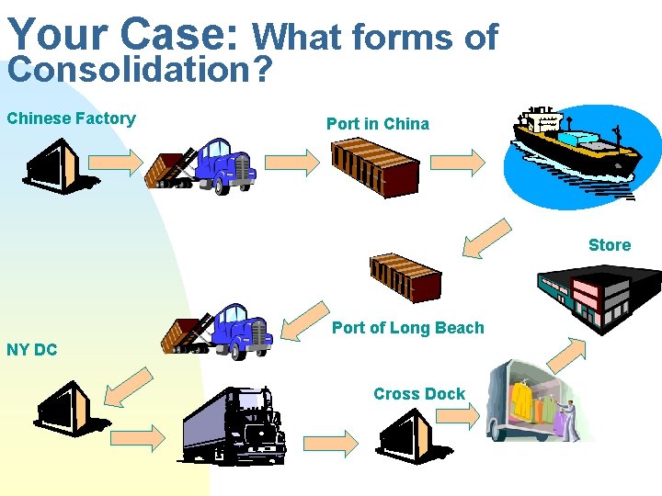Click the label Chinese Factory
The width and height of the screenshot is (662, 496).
pyautogui.click(x=71, y=118)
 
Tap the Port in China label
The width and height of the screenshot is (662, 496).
pyautogui.click(x=377, y=123)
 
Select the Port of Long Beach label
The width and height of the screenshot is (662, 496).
pyautogui.click(x=407, y=328)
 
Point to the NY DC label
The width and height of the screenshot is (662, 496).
pyautogui.click(x=31, y=349)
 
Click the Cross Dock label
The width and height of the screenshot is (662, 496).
pyautogui.click(x=419, y=394)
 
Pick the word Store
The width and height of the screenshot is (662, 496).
pyautogui.click(x=610, y=245)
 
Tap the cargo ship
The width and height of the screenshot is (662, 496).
pyautogui.click(x=575, y=147)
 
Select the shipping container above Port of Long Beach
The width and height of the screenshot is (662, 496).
pyautogui.click(x=405, y=276)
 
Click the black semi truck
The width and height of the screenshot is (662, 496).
pyautogui.click(x=234, y=427)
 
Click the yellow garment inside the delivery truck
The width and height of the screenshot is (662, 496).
pyautogui.click(x=524, y=400)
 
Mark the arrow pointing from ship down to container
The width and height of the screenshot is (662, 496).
pyautogui.click(x=485, y=236)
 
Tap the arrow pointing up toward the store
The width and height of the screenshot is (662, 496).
pyautogui.click(x=566, y=354)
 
